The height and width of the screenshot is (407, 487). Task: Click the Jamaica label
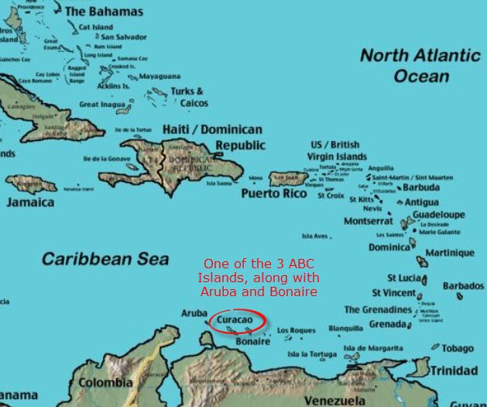[x=31, y=202]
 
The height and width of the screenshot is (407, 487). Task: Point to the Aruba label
[x=194, y=312]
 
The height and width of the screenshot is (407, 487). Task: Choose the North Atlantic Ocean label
[x=420, y=66]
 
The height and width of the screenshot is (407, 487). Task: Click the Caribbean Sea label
[x=95, y=258]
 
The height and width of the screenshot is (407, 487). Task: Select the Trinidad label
[x=454, y=371]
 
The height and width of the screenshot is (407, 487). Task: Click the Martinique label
[x=451, y=253]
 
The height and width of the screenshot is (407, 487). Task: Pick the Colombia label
[x=105, y=382]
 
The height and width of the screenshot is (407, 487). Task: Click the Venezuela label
[x=334, y=400]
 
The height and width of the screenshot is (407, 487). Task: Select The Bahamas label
[x=104, y=12]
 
